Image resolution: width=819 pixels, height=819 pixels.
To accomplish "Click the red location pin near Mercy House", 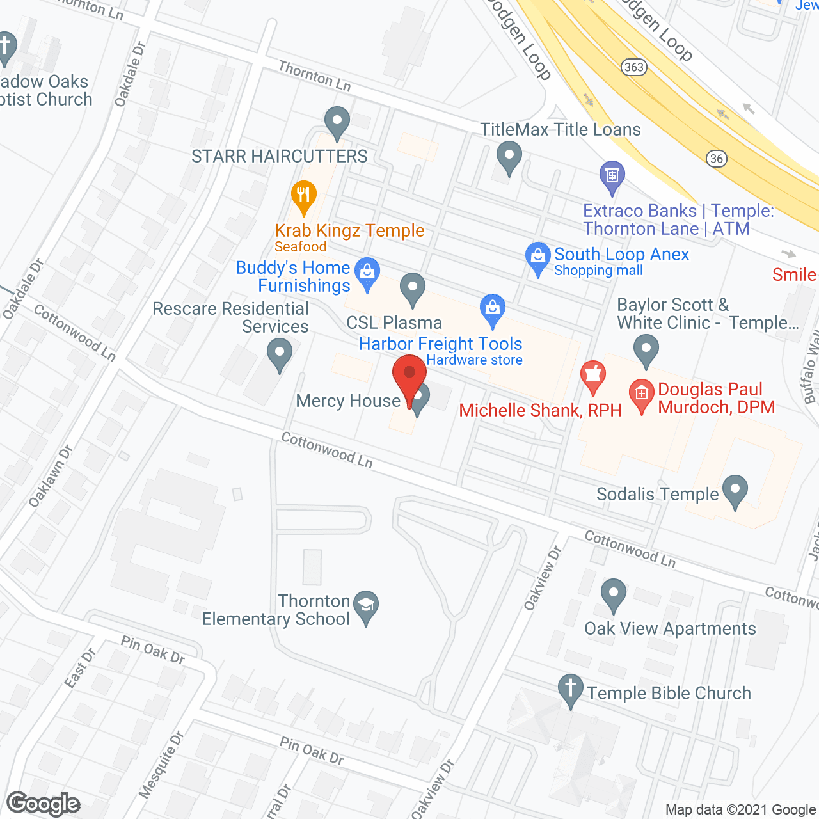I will pyautogui.click(x=409, y=378).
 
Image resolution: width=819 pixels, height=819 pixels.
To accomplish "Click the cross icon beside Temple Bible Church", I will pyautogui.click(x=570, y=690).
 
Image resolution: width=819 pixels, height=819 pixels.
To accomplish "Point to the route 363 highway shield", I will pyautogui.click(x=633, y=67).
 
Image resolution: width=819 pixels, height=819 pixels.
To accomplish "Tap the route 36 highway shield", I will pyautogui.click(x=717, y=159).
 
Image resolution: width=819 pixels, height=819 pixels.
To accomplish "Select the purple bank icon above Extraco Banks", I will pyautogui.click(x=612, y=175).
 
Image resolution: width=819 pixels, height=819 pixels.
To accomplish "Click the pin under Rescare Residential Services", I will pyautogui.click(x=279, y=353).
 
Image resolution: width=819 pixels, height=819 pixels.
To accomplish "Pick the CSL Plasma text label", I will pyautogui.click(x=394, y=323).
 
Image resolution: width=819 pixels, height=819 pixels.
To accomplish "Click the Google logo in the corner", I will pyautogui.click(x=44, y=804).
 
